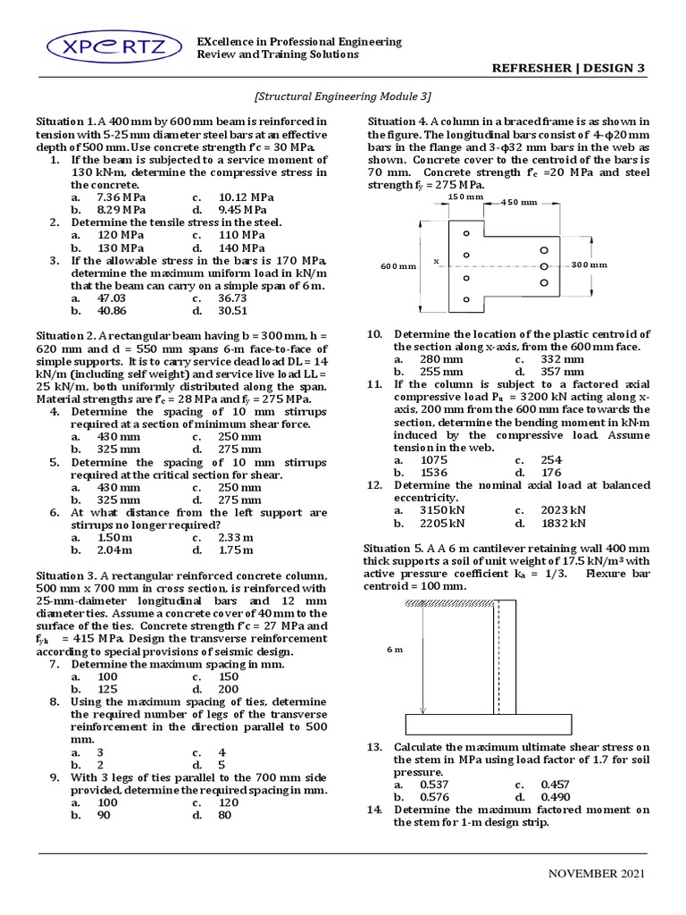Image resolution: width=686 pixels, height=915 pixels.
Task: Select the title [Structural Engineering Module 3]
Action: (x=343, y=97)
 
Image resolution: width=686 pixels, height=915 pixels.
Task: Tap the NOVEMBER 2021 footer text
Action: (x=597, y=873)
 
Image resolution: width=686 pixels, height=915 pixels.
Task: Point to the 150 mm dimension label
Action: (x=464, y=196)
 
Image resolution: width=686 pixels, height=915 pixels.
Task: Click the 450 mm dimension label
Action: (x=520, y=202)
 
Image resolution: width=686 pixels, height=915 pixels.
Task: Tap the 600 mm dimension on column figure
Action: (x=397, y=266)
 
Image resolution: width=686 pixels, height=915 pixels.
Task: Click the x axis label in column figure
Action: (x=436, y=262)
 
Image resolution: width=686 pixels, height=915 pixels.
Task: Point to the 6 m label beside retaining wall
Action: (x=395, y=649)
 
